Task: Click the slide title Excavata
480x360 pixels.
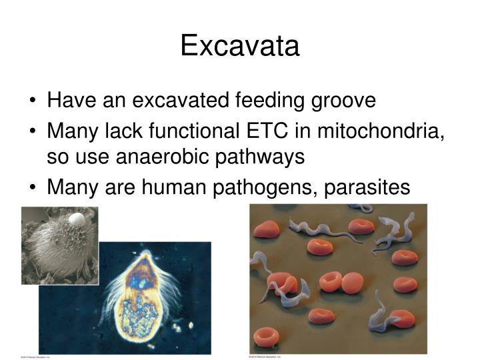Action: click(x=240, y=46)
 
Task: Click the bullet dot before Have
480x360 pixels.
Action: click(x=33, y=101)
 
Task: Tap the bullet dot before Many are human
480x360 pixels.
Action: click(x=33, y=188)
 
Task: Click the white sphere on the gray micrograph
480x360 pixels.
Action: click(x=77, y=219)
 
